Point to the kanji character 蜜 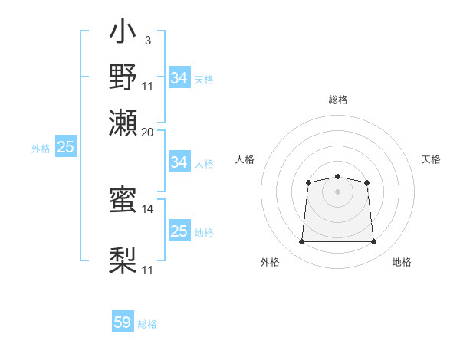[123, 201]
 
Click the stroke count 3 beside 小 [147, 39]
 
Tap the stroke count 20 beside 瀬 [148, 132]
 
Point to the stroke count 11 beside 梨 [148, 270]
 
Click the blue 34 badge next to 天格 [179, 78]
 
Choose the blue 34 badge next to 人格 [179, 162]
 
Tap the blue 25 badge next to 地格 [179, 231]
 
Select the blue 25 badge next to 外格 [65, 148]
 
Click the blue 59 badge [123, 322]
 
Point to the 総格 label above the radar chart [337, 100]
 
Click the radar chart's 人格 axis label [245, 159]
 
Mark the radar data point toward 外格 [301, 242]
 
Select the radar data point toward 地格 [374, 242]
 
